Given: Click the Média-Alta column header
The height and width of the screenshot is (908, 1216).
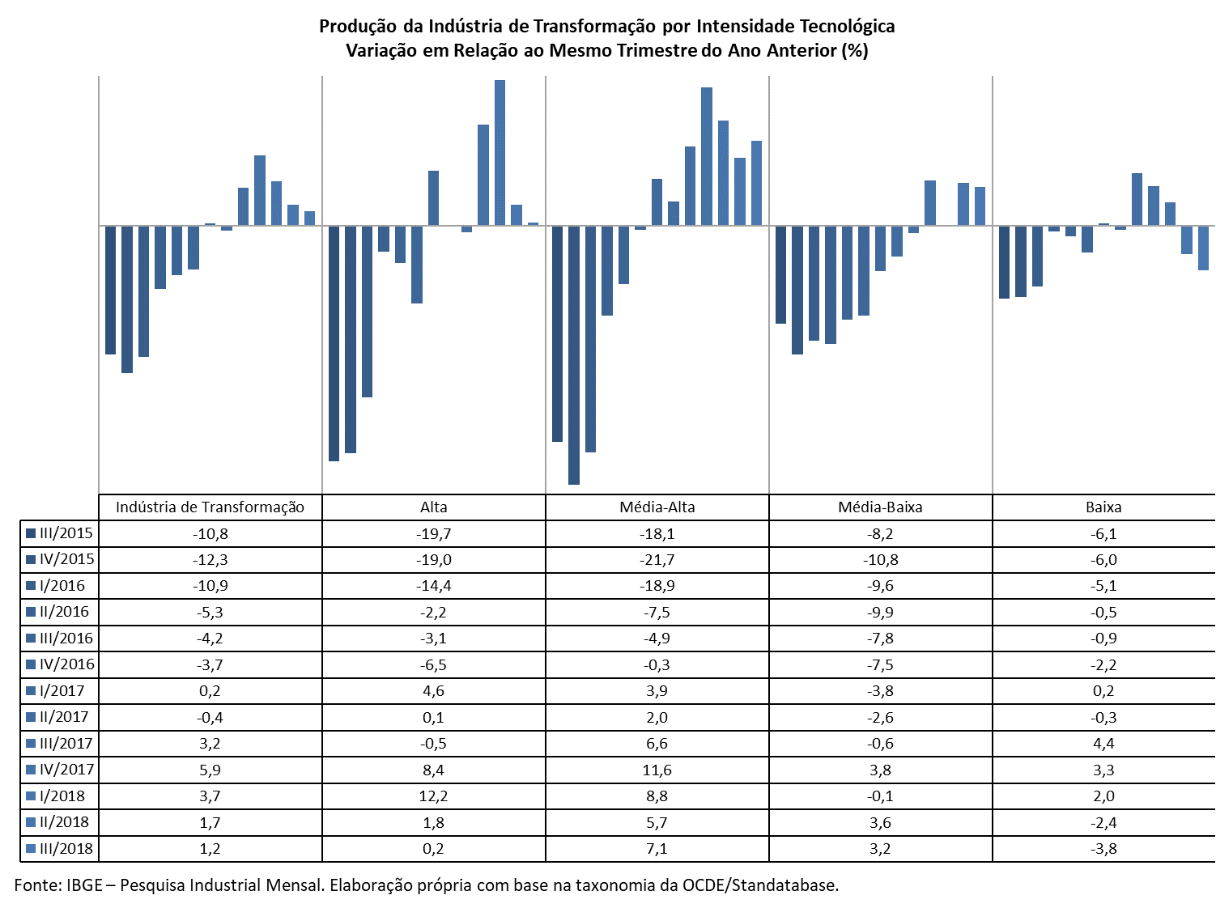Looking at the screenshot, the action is point(657,507).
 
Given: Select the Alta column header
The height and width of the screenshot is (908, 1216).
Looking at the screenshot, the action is point(433,507).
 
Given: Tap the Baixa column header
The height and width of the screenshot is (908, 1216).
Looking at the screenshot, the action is point(1103,507).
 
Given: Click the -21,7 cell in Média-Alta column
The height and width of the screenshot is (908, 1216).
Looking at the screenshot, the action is point(657,560).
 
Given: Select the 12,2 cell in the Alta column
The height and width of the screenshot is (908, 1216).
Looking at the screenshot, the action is point(433,796).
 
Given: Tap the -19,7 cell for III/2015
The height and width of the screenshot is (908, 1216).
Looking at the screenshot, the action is point(433,534).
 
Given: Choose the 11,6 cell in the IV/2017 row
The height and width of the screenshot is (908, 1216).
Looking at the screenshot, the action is point(657,770).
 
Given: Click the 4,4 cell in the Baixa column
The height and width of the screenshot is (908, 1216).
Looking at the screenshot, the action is point(1103,743).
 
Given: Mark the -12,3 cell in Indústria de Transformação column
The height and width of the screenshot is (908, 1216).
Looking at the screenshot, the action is point(210,560).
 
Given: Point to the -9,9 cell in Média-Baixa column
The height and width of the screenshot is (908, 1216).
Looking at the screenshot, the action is point(880,613).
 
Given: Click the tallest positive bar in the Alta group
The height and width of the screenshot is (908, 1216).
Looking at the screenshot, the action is point(500,153).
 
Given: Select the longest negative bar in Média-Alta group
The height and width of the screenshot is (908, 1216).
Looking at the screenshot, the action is point(573,355).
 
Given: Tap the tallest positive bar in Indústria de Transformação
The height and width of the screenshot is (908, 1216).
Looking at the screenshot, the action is point(260,190).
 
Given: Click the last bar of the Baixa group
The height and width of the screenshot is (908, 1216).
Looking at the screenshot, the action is point(1203,248).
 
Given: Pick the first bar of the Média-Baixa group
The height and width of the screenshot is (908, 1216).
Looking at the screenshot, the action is point(780,274).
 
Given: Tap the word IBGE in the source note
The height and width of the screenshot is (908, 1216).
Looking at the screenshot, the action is point(84,885).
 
